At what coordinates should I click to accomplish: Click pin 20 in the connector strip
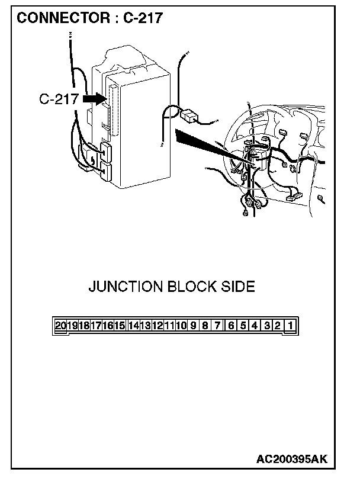pyautogui.click(x=60, y=325)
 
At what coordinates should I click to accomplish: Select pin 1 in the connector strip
pyautogui.click(x=290, y=325)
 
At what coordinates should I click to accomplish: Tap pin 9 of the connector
pyautogui.click(x=193, y=325)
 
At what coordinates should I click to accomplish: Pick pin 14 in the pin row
pyautogui.click(x=134, y=325)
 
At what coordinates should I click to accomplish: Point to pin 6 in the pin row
pyautogui.click(x=231, y=325)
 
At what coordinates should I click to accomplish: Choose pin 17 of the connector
pyautogui.click(x=96, y=325)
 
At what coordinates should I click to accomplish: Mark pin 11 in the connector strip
pyautogui.click(x=169, y=325)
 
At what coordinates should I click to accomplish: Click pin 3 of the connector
pyautogui.click(x=267, y=325)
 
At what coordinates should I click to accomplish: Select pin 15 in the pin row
pyautogui.click(x=120, y=325)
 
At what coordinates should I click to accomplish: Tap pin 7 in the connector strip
pyautogui.click(x=217, y=325)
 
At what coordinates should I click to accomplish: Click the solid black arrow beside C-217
pyautogui.click(x=95, y=99)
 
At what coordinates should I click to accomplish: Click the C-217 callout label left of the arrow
pyautogui.click(x=59, y=99)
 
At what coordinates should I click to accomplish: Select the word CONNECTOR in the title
pyautogui.click(x=63, y=18)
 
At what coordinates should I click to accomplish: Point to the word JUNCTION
pyautogui.click(x=126, y=287)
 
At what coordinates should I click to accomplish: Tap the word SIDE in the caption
pyautogui.click(x=238, y=287)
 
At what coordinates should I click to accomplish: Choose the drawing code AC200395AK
pyautogui.click(x=292, y=459)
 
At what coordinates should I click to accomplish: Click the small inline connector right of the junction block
pyautogui.click(x=189, y=116)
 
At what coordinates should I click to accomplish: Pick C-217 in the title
pyautogui.click(x=143, y=18)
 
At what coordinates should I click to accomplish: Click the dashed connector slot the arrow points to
pyautogui.click(x=115, y=110)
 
